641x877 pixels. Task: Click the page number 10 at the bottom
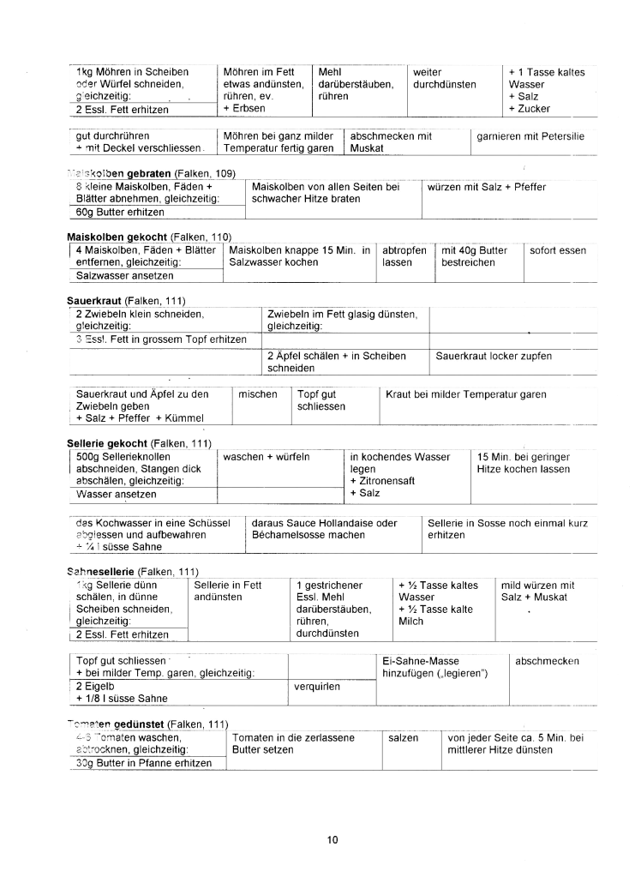[x=332, y=839]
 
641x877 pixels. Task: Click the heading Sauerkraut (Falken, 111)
[x=126, y=301]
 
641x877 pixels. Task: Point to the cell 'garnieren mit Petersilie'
[x=530, y=135]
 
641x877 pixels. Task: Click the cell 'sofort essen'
[x=558, y=250]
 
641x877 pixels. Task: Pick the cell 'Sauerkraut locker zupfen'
[x=494, y=356]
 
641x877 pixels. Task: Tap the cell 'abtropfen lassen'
[x=404, y=256]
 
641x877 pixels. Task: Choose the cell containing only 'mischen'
[x=258, y=394]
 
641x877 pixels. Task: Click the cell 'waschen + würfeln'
[x=267, y=457]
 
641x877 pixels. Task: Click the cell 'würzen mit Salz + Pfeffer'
[x=484, y=187]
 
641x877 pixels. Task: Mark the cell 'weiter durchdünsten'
[x=444, y=79]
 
